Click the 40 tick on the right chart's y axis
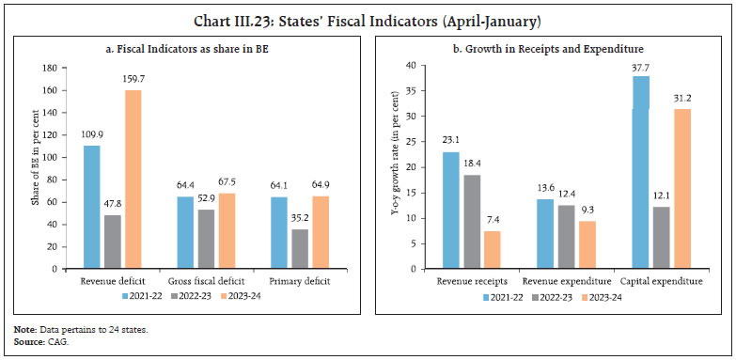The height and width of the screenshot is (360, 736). [425, 65]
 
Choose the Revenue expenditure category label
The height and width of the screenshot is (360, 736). [563, 280]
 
